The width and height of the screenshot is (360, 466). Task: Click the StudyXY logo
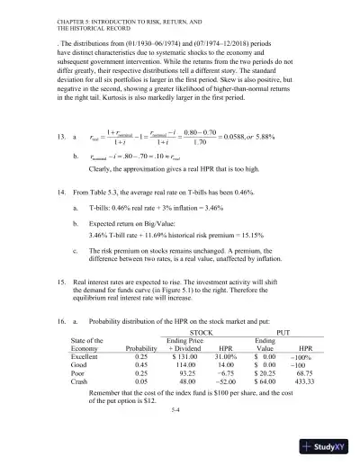pyautogui.click(x=328, y=449)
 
